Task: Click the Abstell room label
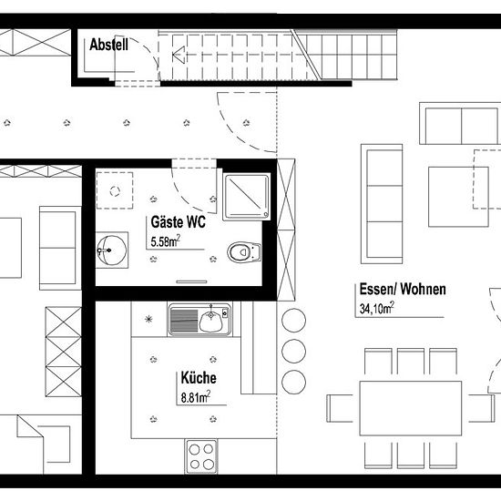coord(109,45)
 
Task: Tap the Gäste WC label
coord(178,222)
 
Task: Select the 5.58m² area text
coord(165,241)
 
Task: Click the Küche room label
coord(199,378)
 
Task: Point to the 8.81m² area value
coord(196,397)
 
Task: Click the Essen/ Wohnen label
coord(403,289)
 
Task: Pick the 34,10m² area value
coord(377,308)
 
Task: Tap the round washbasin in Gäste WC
coord(111,250)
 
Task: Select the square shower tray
coord(246,197)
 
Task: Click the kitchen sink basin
coord(210,322)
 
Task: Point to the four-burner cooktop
coord(201,456)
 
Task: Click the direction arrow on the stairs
coord(179,55)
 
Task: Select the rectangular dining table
coord(411,408)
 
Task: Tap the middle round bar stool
coord(293,351)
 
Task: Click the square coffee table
coord(458,197)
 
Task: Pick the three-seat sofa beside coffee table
coord(382,204)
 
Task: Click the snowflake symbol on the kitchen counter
coord(148,319)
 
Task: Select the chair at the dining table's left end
coord(340,408)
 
